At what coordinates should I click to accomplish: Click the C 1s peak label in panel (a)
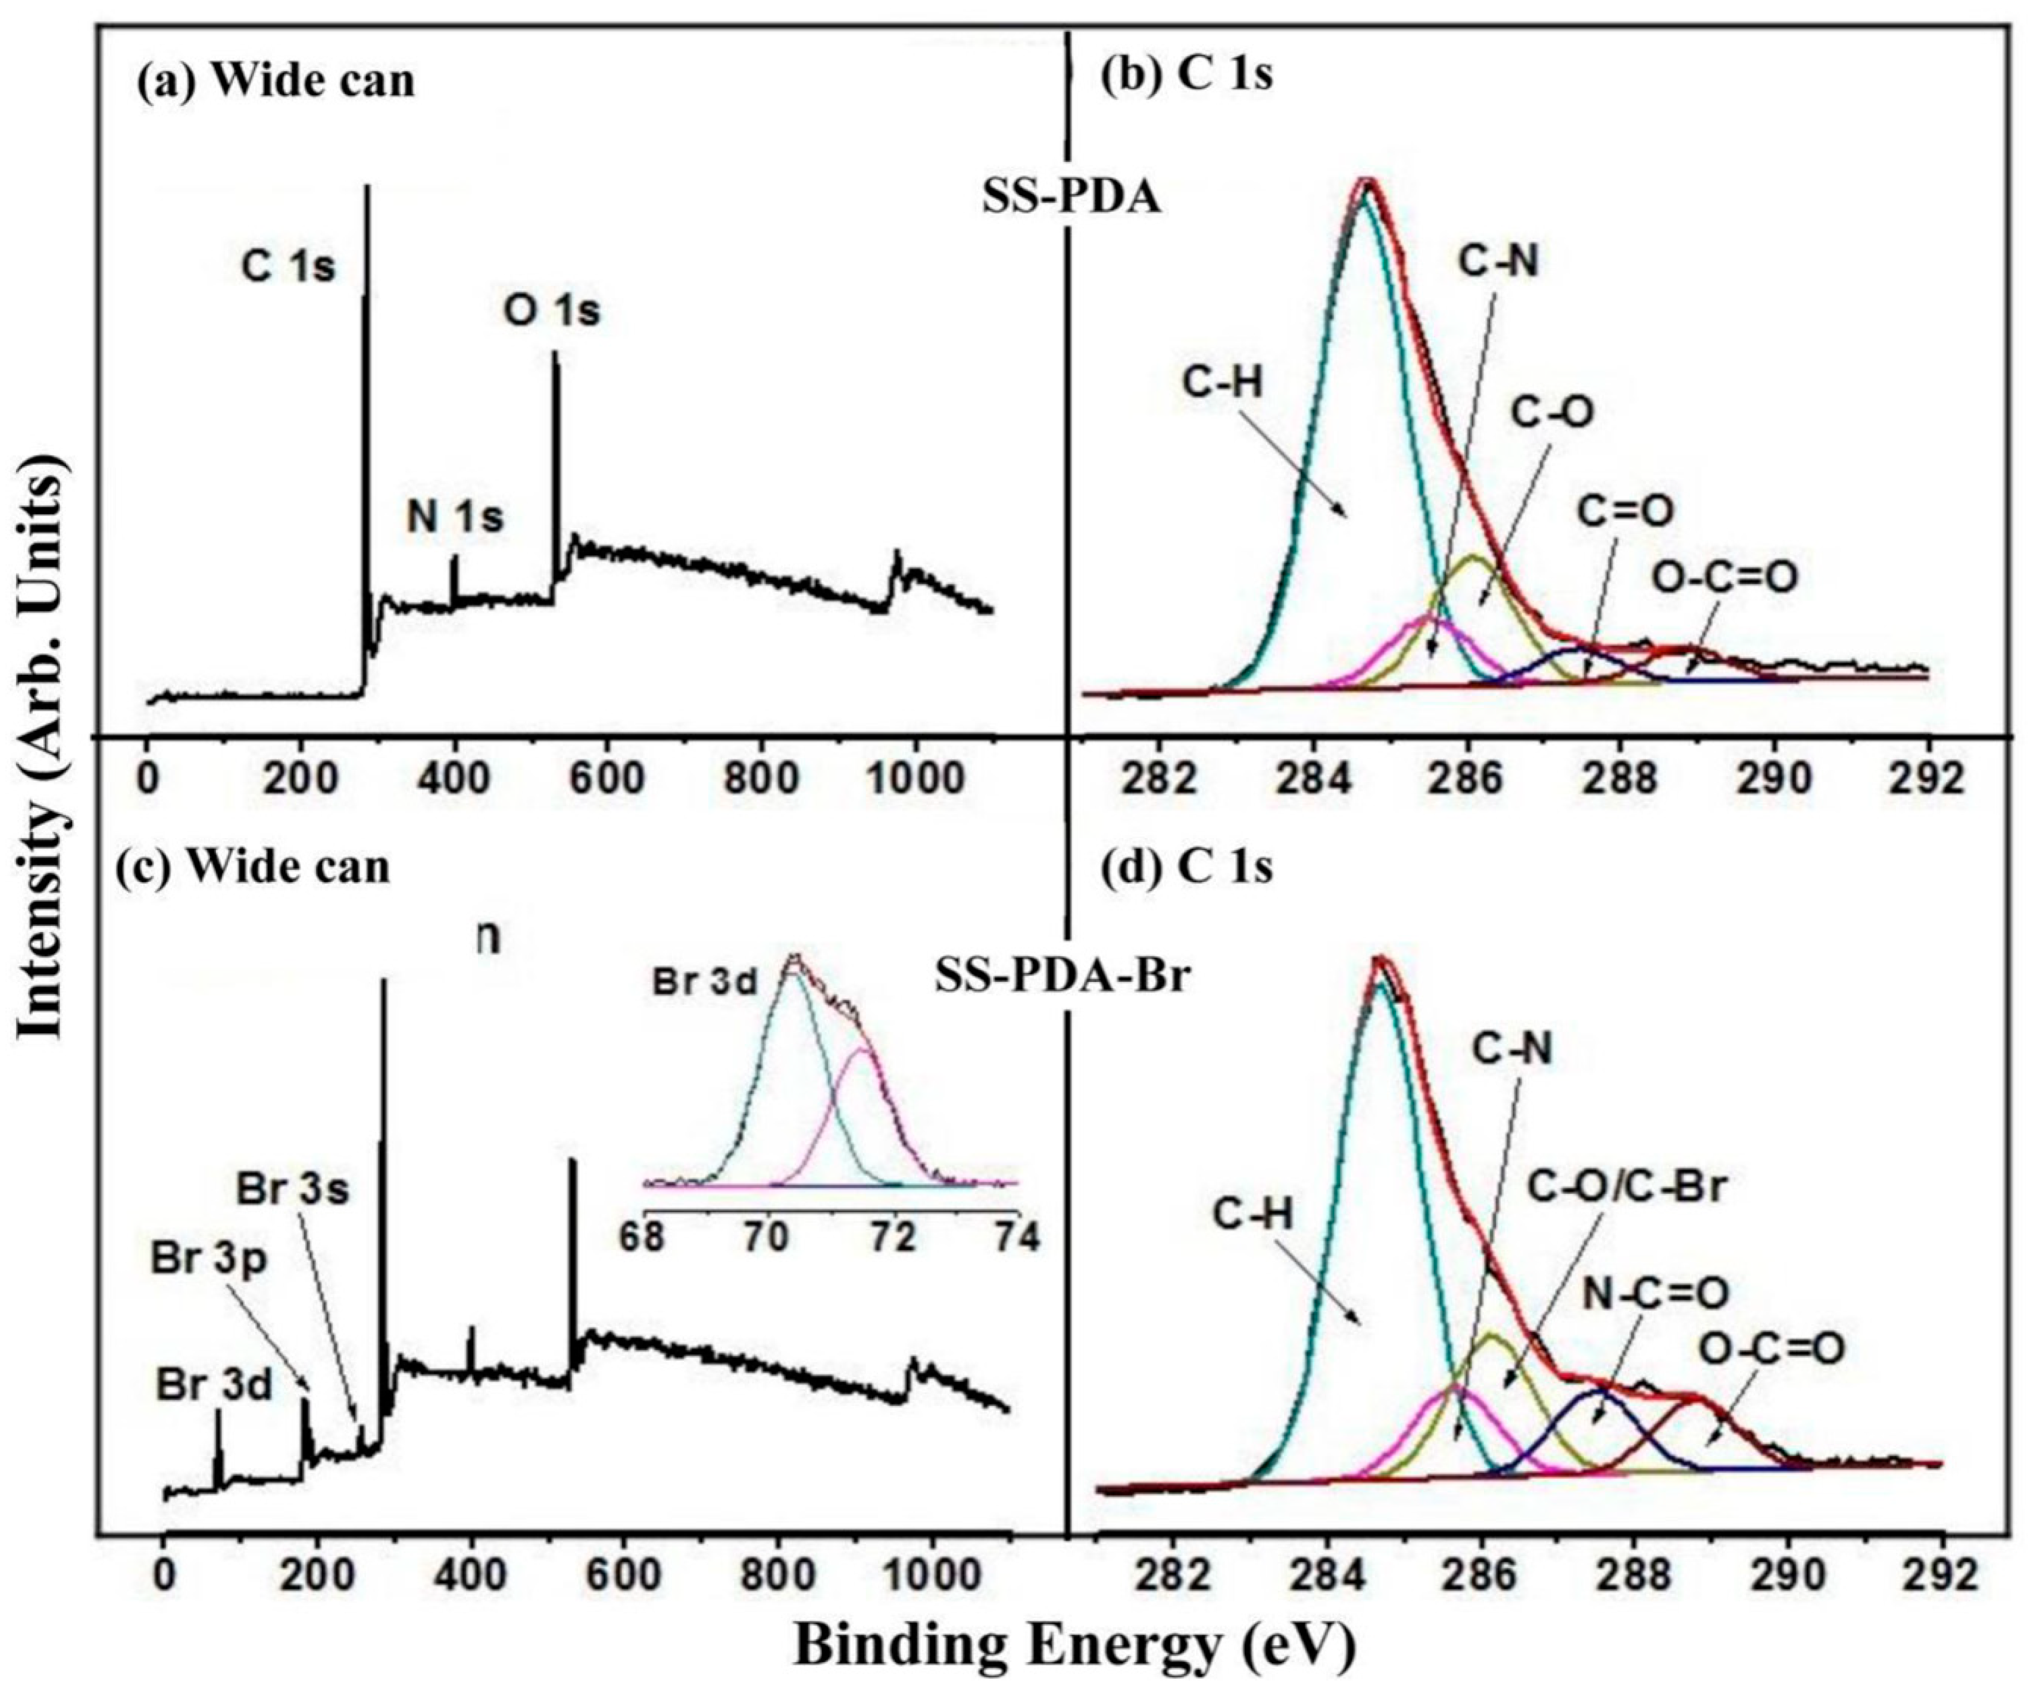pyautogui.click(x=288, y=267)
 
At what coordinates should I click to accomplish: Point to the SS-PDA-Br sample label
pyautogui.click(x=1062, y=979)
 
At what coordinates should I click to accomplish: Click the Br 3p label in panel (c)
pyautogui.click(x=207, y=1257)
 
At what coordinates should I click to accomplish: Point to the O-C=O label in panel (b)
pyautogui.click(x=1725, y=577)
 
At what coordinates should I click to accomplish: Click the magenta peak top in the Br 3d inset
pyautogui.click(x=861, y=1048)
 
